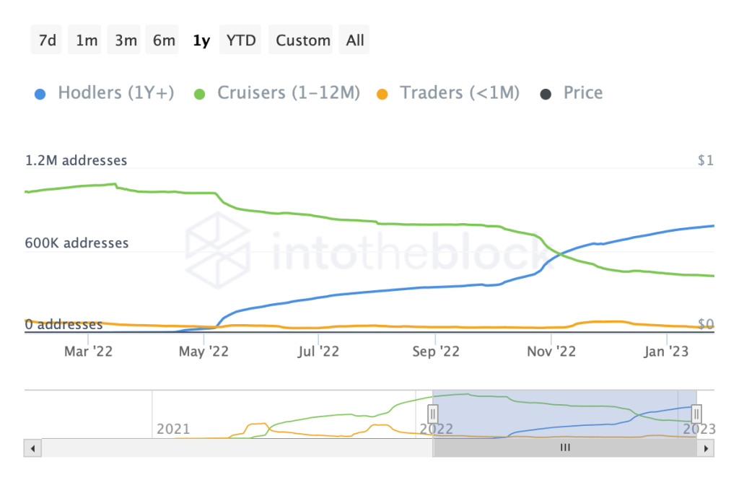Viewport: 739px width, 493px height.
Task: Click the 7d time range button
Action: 48,40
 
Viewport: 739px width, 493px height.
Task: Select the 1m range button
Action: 87,40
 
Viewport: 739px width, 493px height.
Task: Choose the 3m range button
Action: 126,40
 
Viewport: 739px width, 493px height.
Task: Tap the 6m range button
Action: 164,40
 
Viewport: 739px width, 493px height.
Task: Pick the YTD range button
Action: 241,40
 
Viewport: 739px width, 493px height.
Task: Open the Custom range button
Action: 303,40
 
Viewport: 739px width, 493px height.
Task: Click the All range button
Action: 355,40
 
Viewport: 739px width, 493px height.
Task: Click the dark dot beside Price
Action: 546,94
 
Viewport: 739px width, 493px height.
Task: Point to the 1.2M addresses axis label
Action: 76,161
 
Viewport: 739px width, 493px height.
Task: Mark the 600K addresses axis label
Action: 76,243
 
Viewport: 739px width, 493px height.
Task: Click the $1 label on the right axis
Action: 705,161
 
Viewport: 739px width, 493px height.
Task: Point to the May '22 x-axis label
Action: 203,352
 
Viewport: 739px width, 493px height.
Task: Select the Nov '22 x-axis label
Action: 551,352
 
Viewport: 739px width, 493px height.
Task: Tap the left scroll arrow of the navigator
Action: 32,448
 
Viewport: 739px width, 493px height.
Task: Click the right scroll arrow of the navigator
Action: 707,448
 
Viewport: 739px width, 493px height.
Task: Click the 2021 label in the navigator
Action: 174,429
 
